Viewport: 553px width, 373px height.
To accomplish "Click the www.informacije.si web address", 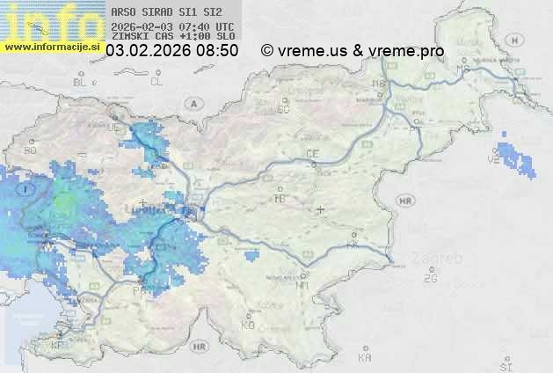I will (x=50, y=47).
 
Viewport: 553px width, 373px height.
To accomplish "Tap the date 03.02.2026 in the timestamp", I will (x=148, y=51).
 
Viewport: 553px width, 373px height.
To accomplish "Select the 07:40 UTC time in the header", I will (x=206, y=26).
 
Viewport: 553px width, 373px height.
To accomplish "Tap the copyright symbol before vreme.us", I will (x=267, y=51).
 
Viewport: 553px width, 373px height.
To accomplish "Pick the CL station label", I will (x=157, y=82).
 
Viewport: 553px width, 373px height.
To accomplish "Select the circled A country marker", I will (x=192, y=103).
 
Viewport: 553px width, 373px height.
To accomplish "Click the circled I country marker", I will (x=28, y=188).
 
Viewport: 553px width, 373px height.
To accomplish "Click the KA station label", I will (x=365, y=358).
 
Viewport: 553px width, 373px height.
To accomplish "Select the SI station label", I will (x=505, y=365).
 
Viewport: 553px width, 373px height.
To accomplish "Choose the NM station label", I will (x=303, y=285).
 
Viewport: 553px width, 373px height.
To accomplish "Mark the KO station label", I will (x=248, y=325).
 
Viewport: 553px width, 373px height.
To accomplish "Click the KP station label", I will (x=58, y=345).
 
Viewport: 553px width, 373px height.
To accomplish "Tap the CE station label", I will (x=311, y=154).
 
